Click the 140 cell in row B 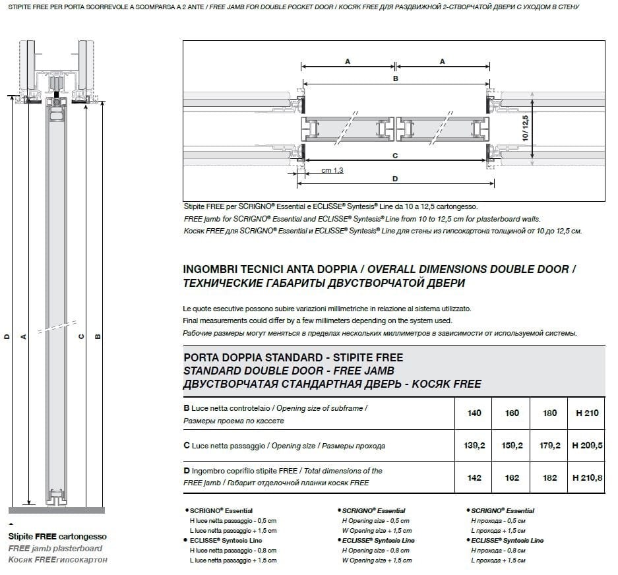click(474, 413)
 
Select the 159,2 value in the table click(512, 446)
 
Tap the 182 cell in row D click(550, 478)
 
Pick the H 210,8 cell click(587, 478)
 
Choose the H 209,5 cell click(587, 446)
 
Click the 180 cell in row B click(550, 413)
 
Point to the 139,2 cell click(474, 446)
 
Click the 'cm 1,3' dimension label click(332, 171)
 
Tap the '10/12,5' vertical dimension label click(526, 129)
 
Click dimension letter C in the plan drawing click(394, 156)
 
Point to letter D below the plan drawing click(394, 179)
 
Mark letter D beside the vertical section click(7, 336)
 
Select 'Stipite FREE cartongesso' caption click(57, 537)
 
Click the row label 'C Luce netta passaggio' click(224, 446)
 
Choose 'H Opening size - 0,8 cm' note click(376, 551)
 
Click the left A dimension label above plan click(348, 61)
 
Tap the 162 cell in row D click(512, 478)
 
